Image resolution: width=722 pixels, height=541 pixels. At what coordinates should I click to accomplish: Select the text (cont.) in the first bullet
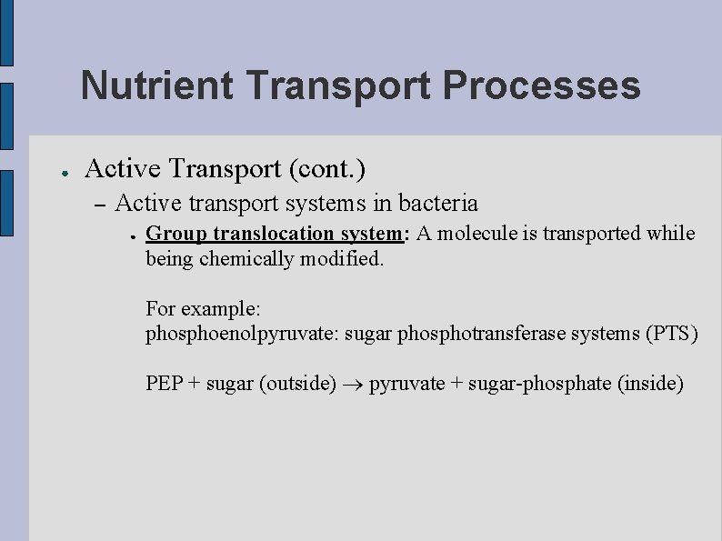(327, 168)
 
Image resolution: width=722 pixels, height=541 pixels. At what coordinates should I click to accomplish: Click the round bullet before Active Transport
(56, 170)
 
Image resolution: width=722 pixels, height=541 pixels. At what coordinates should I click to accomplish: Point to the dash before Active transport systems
(100, 204)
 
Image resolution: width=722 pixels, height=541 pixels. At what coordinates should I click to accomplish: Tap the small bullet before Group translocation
(133, 235)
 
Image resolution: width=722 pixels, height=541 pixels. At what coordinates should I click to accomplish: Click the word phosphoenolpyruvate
(242, 334)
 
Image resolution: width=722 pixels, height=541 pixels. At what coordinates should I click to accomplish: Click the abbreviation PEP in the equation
(164, 384)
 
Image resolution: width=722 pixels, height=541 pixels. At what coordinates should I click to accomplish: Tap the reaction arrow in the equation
(352, 385)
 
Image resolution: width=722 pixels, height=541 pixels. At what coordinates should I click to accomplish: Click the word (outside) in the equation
(297, 384)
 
